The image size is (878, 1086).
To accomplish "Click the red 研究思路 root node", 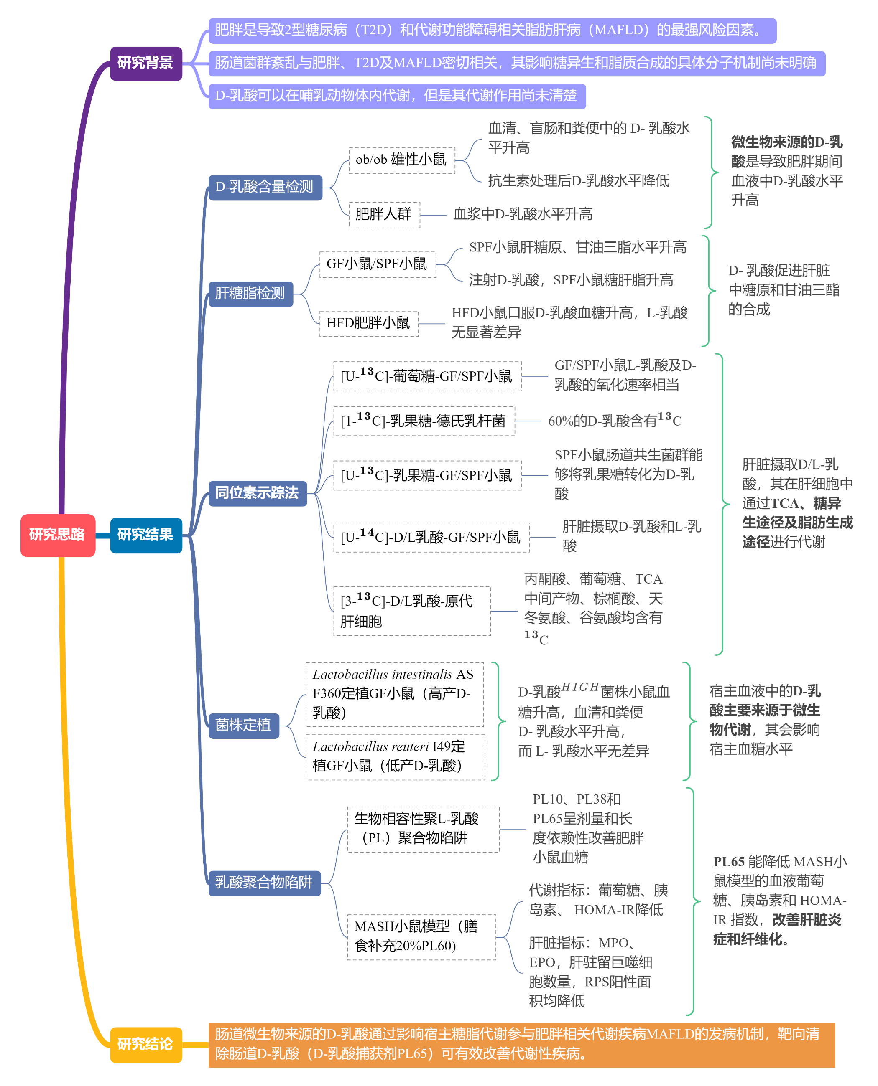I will point(58,535).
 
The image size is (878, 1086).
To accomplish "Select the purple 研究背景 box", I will point(145,63).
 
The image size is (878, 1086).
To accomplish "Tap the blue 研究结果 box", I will point(145,535).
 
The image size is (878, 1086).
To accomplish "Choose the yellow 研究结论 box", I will point(145,1044).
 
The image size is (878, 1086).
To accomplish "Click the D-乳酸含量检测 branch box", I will point(265,188).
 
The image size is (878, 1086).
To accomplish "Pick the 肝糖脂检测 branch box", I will point(250,294).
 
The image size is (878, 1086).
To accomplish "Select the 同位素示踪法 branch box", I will point(258,493).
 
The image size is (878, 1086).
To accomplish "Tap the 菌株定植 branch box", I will point(243,726).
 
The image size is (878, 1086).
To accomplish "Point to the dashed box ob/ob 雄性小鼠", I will point(401,160).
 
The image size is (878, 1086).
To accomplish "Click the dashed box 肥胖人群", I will point(384,215).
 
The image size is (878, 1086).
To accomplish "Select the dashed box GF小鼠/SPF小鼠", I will point(377,264).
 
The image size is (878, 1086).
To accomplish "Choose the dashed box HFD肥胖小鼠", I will point(369,323).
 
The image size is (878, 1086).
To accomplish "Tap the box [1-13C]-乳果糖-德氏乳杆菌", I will point(424,421).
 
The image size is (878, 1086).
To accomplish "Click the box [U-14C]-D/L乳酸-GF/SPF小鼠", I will point(431,537).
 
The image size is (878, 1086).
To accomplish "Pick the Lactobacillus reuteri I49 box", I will point(395,756).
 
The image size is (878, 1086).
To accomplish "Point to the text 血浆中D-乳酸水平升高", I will point(523,215).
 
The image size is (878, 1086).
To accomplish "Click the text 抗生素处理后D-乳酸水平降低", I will point(579,181).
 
